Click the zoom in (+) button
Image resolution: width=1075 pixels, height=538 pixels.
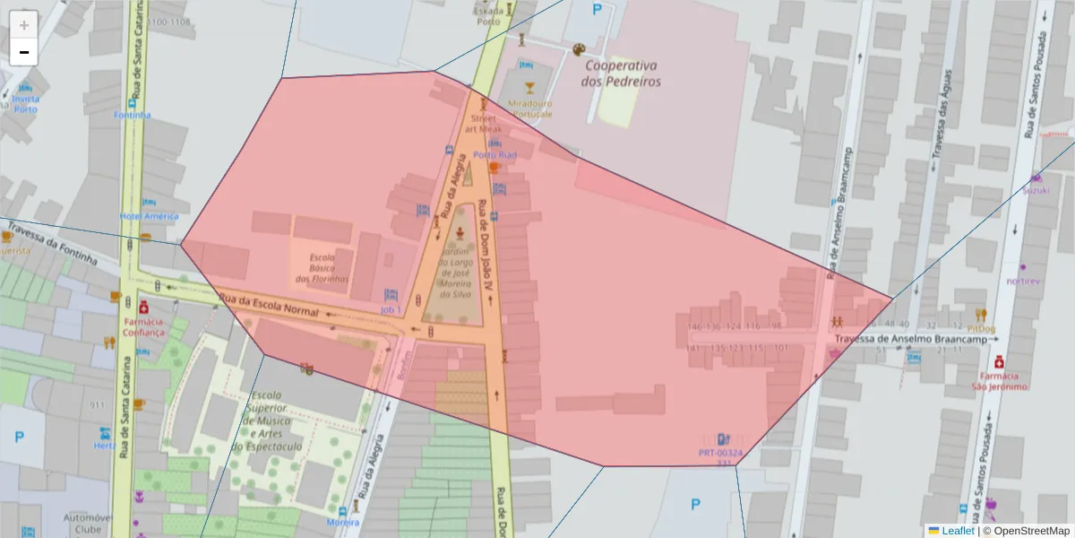click(24, 25)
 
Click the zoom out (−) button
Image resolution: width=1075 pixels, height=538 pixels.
click(24, 52)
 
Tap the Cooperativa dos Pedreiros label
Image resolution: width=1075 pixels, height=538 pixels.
click(620, 74)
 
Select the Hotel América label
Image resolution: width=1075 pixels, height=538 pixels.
click(149, 216)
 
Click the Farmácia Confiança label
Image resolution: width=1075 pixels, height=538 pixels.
click(143, 325)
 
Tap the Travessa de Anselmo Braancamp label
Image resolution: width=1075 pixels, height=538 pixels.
click(916, 340)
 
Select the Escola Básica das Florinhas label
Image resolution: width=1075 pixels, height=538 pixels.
click(322, 268)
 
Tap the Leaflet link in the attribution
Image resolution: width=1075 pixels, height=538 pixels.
click(958, 531)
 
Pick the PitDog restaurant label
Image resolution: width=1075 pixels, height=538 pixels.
click(981, 327)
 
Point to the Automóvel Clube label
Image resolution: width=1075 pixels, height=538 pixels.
click(87, 524)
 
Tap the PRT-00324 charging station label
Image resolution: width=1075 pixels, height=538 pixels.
click(720, 454)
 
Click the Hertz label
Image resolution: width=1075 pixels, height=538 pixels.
click(106, 446)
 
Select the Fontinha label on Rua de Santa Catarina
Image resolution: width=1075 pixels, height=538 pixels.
click(133, 115)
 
